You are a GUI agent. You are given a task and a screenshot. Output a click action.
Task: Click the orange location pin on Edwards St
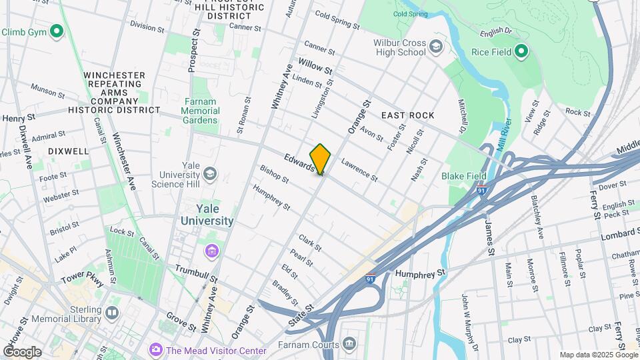(x=320, y=159)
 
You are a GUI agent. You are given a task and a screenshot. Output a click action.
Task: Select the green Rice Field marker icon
(x=522, y=51)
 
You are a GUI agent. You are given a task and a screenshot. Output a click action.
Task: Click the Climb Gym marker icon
(x=57, y=31)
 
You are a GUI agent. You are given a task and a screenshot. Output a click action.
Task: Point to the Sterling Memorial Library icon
(x=111, y=313)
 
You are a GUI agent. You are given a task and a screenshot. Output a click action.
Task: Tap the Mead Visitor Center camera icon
(x=156, y=349)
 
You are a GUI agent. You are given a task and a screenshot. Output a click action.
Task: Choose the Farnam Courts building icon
(x=349, y=344)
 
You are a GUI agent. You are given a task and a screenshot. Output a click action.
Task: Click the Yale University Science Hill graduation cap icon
(x=210, y=175)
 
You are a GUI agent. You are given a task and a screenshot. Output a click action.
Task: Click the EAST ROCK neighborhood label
(x=407, y=115)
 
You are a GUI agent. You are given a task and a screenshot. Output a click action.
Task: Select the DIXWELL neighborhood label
(x=68, y=151)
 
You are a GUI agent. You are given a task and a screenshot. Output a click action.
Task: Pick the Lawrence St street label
(x=359, y=169)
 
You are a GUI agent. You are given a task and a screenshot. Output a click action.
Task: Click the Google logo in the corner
(x=22, y=351)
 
